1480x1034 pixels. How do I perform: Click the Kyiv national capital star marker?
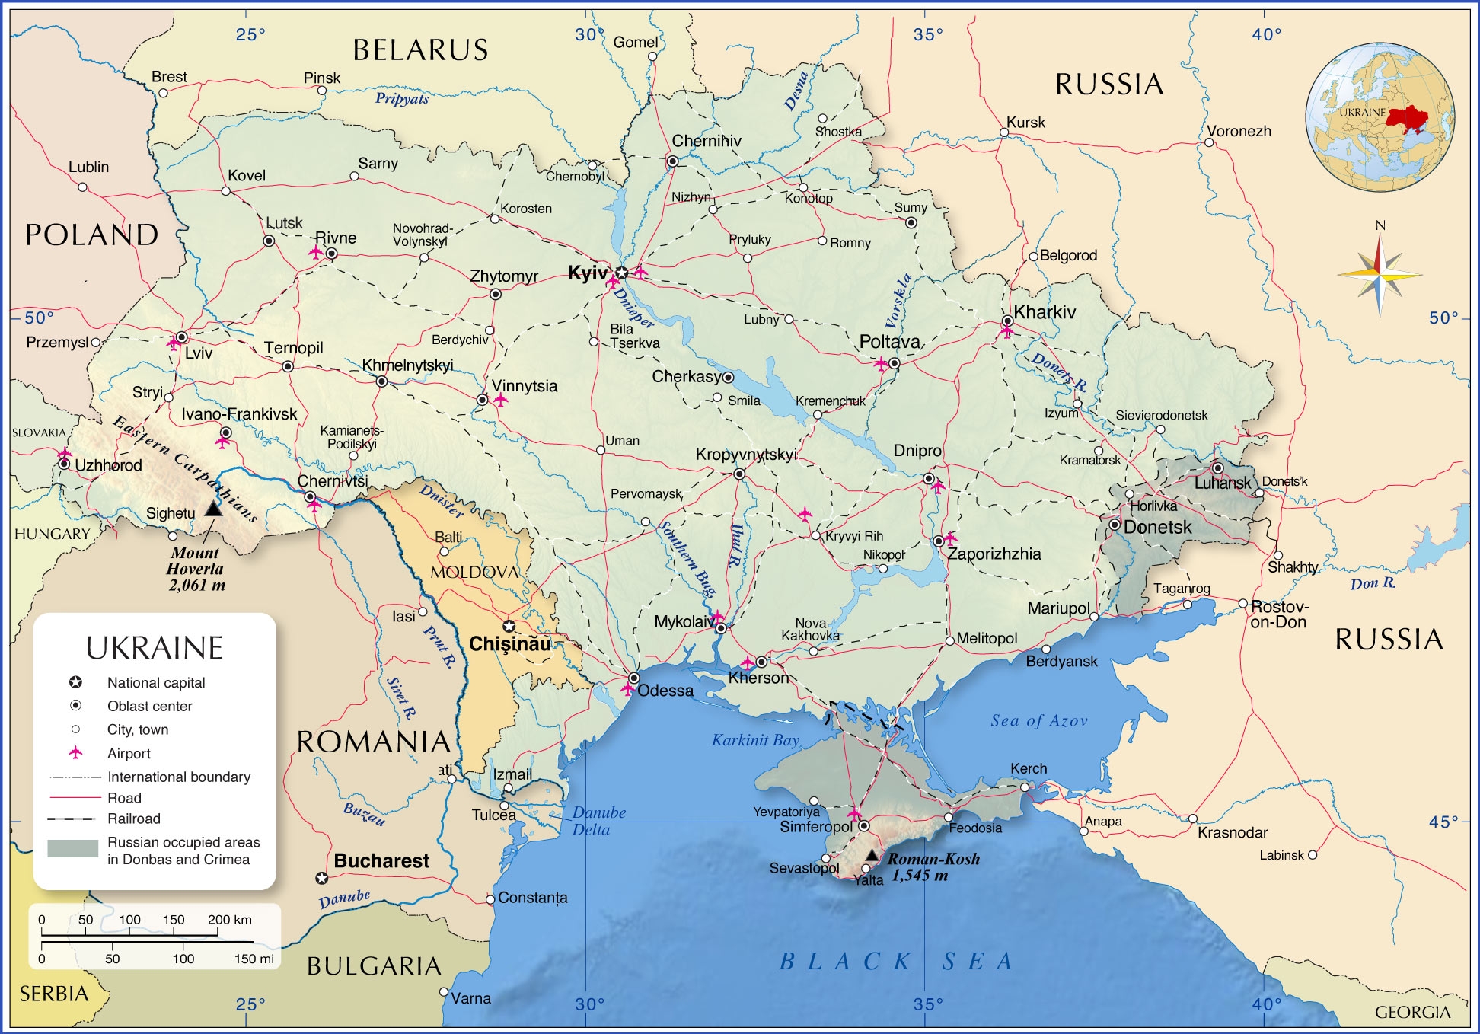(x=622, y=273)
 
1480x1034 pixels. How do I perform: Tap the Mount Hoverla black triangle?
(x=214, y=508)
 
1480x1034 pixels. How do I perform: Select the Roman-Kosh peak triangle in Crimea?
(x=872, y=855)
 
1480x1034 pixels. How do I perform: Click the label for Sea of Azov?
(x=1038, y=720)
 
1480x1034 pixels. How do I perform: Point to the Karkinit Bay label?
(x=755, y=739)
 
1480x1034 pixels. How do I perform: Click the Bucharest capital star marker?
(x=322, y=878)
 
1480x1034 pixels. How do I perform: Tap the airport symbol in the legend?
(x=75, y=753)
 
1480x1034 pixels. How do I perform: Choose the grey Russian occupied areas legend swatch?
(x=72, y=848)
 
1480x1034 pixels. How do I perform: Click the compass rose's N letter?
(x=1380, y=225)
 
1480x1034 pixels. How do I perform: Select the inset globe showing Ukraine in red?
(x=1380, y=116)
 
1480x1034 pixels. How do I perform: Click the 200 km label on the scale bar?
(x=229, y=920)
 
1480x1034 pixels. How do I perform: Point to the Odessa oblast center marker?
(x=633, y=678)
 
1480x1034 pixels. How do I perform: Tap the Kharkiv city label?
(x=1045, y=312)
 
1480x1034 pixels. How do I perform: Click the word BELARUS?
(x=420, y=50)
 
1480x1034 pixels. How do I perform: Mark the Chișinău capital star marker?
(x=509, y=627)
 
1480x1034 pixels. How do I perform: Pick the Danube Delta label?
(x=598, y=821)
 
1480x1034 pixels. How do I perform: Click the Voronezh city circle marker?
(x=1209, y=142)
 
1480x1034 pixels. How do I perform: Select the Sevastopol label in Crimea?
(x=803, y=868)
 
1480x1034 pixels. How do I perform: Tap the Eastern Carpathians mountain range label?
(x=185, y=468)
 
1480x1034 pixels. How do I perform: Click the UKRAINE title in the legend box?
(x=155, y=648)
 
